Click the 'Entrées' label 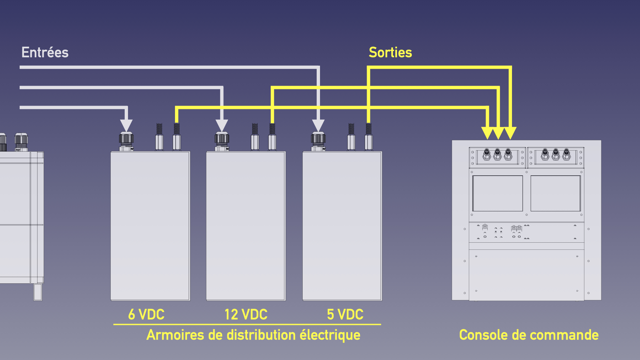(45, 52)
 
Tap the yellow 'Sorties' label (390, 52)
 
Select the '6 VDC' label (146, 314)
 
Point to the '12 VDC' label (246, 314)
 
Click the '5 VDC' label (345, 314)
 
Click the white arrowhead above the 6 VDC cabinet (126, 125)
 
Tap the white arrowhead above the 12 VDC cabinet (222, 125)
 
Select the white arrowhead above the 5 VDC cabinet (318, 125)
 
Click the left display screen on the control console (498, 193)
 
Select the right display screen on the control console (555, 193)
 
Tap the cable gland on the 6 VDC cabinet (126, 141)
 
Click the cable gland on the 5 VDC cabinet (318, 141)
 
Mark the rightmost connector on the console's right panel (566, 155)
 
